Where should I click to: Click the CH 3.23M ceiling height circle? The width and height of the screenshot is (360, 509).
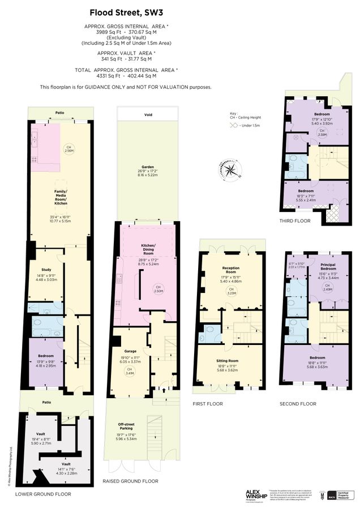pyautogui.click(x=230, y=292)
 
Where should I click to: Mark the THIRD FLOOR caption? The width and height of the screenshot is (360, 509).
pyautogui.click(x=295, y=221)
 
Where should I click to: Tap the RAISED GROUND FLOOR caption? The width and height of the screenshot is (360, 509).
pyautogui.click(x=130, y=481)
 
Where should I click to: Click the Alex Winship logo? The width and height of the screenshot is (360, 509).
pyautogui.click(x=258, y=494)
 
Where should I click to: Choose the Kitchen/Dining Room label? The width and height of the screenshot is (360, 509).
pyautogui.click(x=148, y=248)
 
